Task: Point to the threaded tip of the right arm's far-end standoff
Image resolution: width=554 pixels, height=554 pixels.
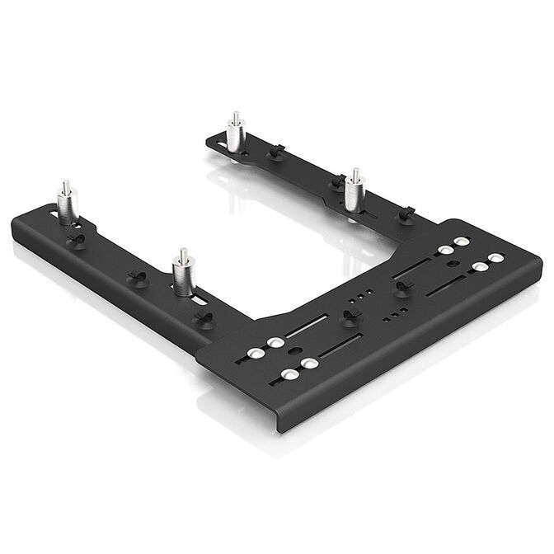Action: coord(235,116)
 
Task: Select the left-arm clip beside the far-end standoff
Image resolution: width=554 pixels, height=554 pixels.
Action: coord(79,239)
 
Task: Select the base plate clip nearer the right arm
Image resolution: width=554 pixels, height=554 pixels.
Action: coord(403,286)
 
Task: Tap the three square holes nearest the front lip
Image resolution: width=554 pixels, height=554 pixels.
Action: coord(395,314)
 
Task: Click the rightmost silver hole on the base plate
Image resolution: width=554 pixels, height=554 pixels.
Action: coord(495,259)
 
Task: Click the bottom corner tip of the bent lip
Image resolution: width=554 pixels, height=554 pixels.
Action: coord(279,430)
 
